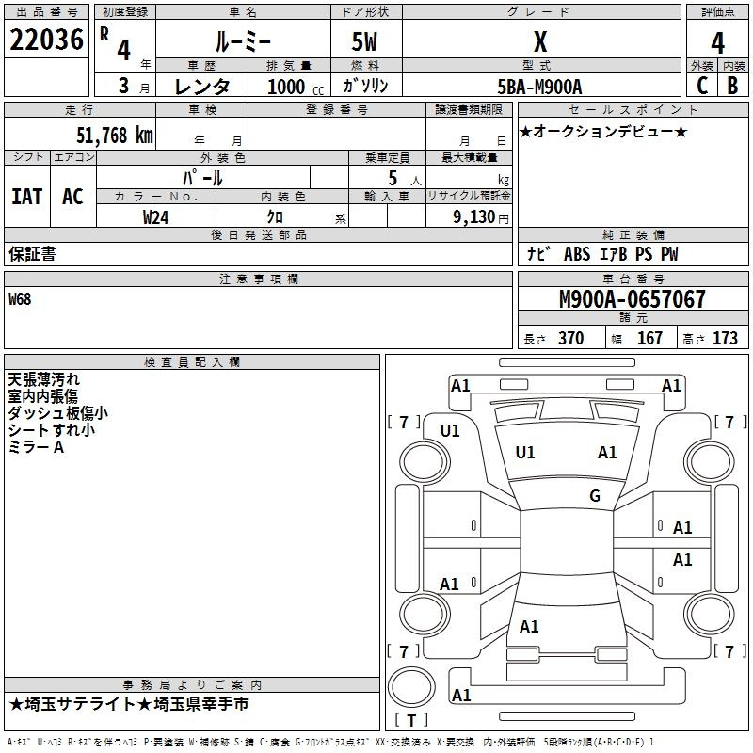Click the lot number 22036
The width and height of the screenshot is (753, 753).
46,40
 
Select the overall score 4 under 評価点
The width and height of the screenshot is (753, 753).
717,43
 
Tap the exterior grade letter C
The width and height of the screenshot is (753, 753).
702,86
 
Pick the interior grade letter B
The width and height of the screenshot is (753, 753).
732,86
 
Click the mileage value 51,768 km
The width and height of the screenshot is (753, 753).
115,136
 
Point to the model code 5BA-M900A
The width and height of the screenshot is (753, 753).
539,87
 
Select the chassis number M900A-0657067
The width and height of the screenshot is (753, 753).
633,299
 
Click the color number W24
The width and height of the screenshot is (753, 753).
155,217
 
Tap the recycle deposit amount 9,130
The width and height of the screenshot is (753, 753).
474,217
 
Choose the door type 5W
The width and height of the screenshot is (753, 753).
364,41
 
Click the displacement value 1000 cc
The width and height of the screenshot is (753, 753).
296,87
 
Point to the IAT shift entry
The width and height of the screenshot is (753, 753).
27,197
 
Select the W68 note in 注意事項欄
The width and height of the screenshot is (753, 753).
20,299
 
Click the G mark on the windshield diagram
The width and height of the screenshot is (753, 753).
595,496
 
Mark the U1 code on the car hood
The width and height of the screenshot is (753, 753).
525,453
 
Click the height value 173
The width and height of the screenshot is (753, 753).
725,338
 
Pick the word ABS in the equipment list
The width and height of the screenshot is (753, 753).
577,254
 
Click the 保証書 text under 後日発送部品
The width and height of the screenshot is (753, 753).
32,253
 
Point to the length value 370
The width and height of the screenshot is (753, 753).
571,338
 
